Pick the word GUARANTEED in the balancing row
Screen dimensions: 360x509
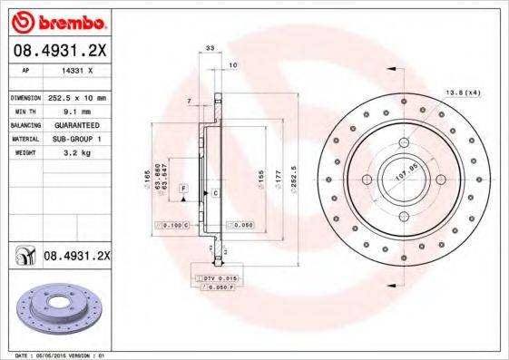[73, 124]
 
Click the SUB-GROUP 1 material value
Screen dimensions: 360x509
[73, 139]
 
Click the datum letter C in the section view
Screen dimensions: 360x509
[217, 194]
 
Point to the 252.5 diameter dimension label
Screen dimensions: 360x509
[294, 166]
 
